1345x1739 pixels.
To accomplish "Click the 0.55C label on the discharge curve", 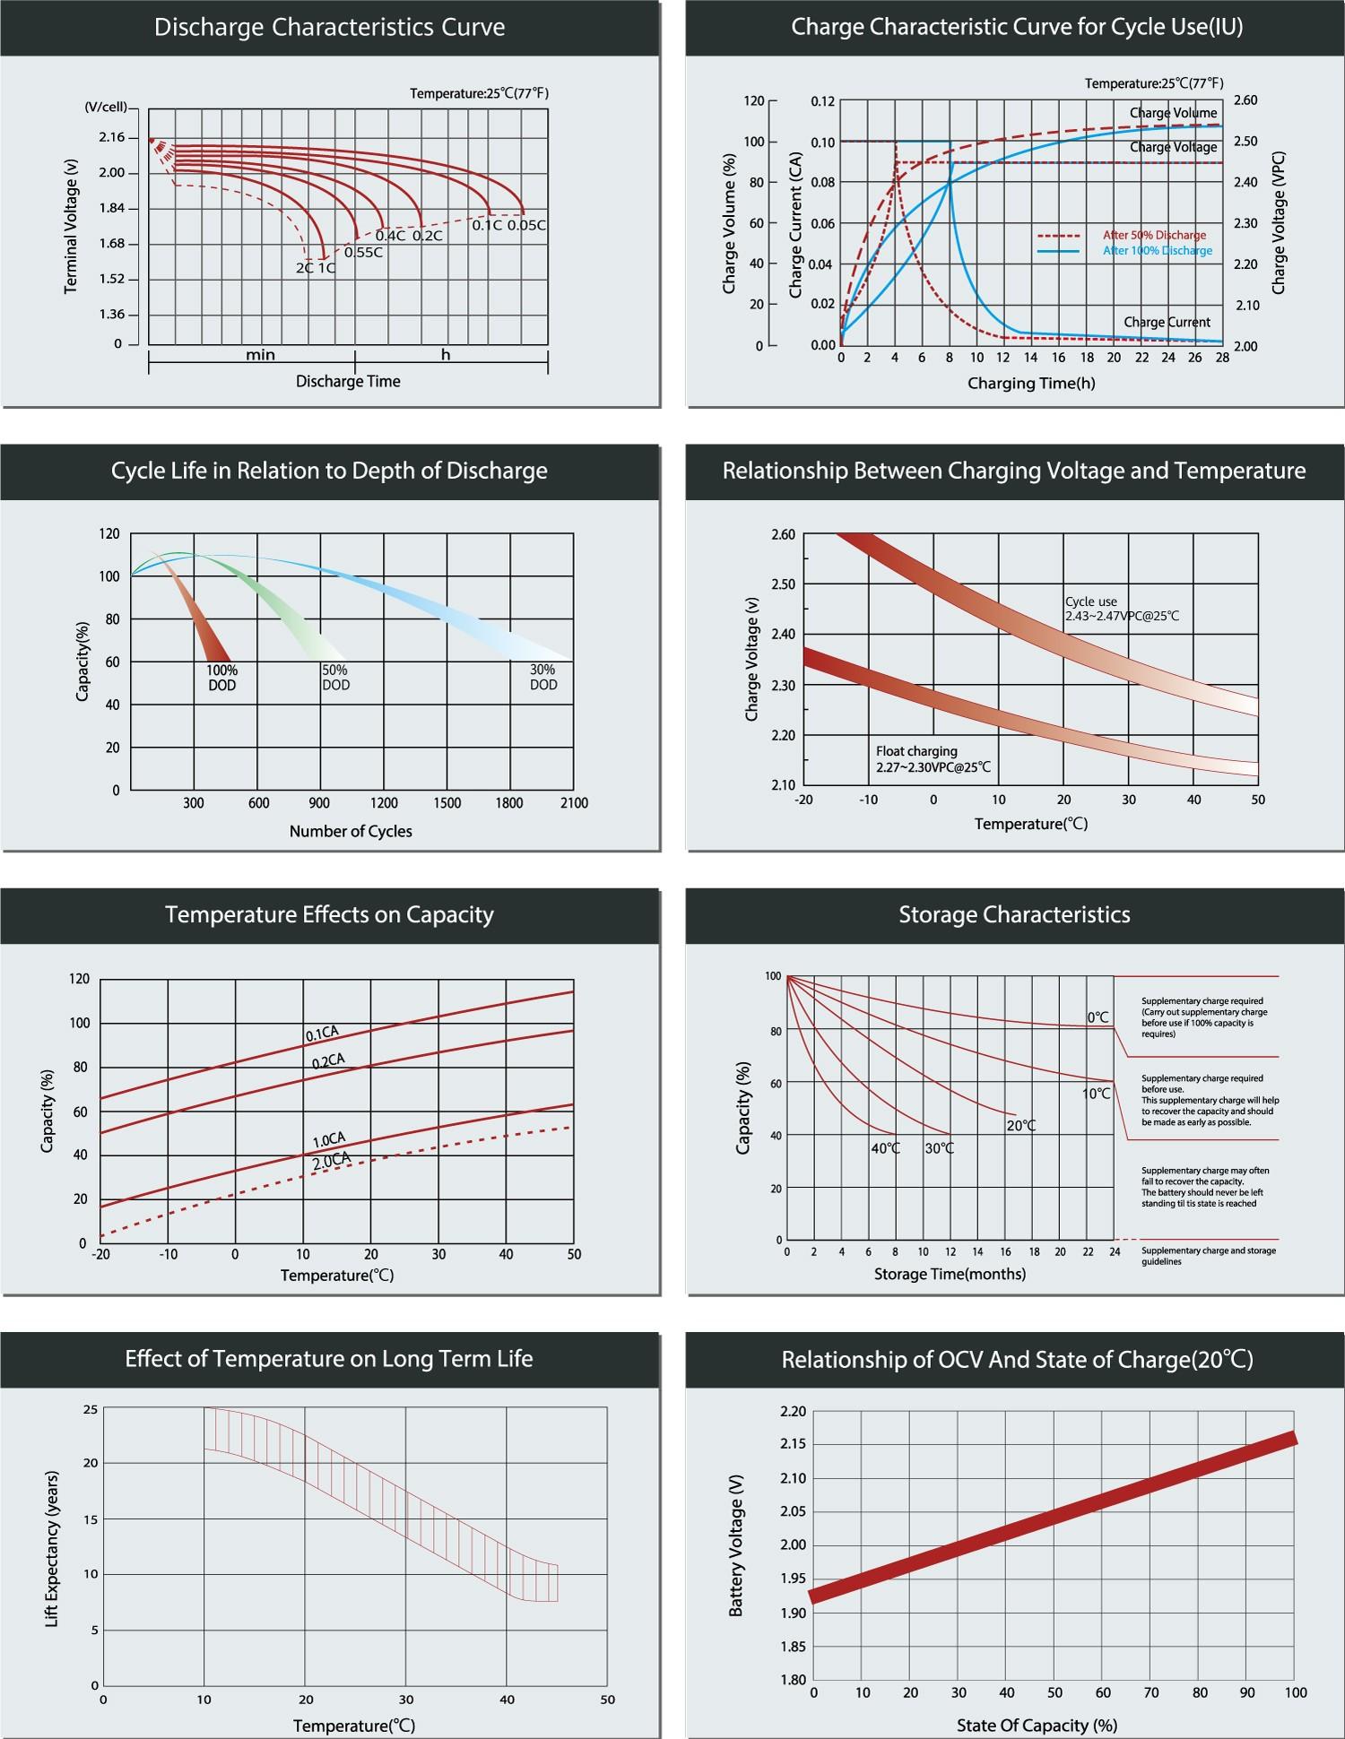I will click(x=363, y=253).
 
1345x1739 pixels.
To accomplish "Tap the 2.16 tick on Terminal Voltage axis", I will click(x=112, y=137).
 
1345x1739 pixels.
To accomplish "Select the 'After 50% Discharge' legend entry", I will click(x=1153, y=235).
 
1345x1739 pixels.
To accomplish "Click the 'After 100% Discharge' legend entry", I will click(x=1157, y=251).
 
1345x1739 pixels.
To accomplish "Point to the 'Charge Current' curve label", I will click(x=1167, y=322).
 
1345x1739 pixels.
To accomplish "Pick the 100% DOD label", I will click(x=222, y=678).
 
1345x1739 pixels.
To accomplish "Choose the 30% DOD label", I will click(x=543, y=677).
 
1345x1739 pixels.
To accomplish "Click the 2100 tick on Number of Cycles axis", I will click(x=574, y=803).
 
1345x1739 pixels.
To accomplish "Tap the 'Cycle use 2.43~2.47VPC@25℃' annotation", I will click(x=1122, y=610).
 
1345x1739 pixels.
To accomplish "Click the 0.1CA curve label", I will click(x=322, y=1034).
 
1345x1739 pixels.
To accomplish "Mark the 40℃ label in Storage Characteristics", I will click(x=886, y=1148).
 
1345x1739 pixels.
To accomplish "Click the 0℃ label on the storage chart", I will click(x=1098, y=1017).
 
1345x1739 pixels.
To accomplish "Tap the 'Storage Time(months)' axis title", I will click(x=950, y=1274).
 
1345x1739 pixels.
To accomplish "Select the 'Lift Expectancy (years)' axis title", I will click(x=52, y=1549).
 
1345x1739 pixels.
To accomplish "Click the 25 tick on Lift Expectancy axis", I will click(x=91, y=1410).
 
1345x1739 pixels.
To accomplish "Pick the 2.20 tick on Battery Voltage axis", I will click(x=794, y=1412).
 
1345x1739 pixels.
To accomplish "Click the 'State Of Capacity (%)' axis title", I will click(x=1037, y=1726).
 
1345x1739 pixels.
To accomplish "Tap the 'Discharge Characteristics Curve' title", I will click(x=329, y=27).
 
